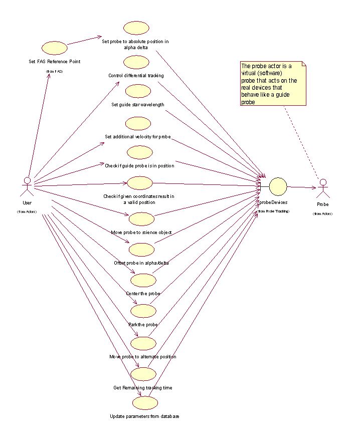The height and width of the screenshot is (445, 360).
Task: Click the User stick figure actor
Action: pyautogui.click(x=27, y=186)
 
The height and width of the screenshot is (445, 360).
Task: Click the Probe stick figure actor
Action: pyautogui.click(x=323, y=188)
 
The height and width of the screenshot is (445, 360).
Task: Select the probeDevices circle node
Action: pyautogui.click(x=278, y=187)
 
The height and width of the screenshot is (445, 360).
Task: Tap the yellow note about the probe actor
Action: pyautogui.click(x=273, y=84)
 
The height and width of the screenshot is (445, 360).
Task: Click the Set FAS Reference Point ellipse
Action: pyautogui.click(x=55, y=48)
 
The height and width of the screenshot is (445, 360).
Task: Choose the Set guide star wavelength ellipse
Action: pyautogui.click(x=138, y=91)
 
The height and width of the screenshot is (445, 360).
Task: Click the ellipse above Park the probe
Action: pyautogui.click(x=144, y=311)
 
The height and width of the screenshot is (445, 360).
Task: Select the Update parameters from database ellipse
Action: pyautogui.click(x=145, y=403)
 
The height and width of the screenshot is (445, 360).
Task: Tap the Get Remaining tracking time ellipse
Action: pyautogui.click(x=143, y=374)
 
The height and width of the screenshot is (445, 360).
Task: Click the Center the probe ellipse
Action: pyautogui.click(x=143, y=280)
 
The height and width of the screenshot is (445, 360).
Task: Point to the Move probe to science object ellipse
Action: pyautogui.click(x=141, y=219)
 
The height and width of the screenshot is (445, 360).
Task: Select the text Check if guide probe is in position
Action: pyautogui.click(x=139, y=165)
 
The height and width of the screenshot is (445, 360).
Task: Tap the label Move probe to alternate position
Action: pyautogui.click(x=142, y=357)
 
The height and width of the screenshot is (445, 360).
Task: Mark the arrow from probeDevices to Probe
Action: pyautogui.click(x=301, y=188)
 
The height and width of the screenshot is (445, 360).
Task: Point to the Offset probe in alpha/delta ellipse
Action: pyautogui.click(x=141, y=249)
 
